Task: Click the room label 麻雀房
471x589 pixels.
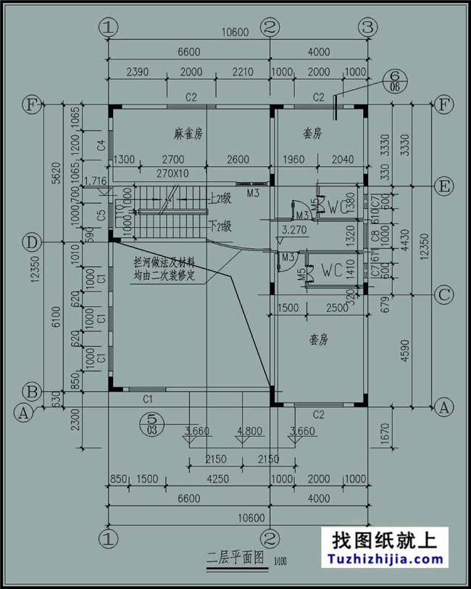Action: click(x=188, y=133)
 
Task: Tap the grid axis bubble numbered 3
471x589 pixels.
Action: click(x=368, y=28)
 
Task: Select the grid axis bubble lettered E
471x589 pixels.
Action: click(x=443, y=186)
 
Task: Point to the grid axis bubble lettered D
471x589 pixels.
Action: click(x=31, y=242)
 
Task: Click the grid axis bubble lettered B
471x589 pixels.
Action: click(x=31, y=391)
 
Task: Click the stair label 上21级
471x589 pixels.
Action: click(x=220, y=197)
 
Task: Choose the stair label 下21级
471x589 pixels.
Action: click(x=220, y=226)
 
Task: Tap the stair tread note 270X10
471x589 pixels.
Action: click(x=172, y=173)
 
